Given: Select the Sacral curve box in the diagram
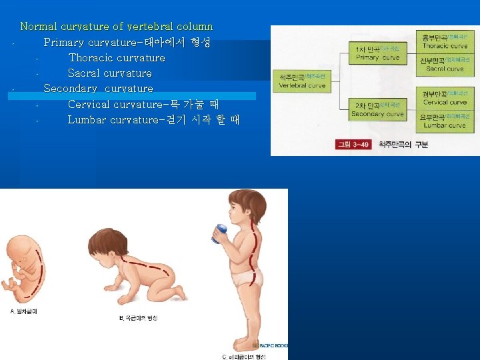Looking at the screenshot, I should coord(445,64).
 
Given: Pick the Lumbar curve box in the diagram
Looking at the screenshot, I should coord(445,121).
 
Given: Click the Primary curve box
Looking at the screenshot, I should coord(377,53).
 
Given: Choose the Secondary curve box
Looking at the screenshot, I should coord(377,109).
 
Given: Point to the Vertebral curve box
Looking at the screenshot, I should coord(302,81).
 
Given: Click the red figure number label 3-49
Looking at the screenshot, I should coord(353,145).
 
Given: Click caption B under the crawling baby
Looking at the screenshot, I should coord(138,318).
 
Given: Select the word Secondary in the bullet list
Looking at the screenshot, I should coord(71,89).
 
